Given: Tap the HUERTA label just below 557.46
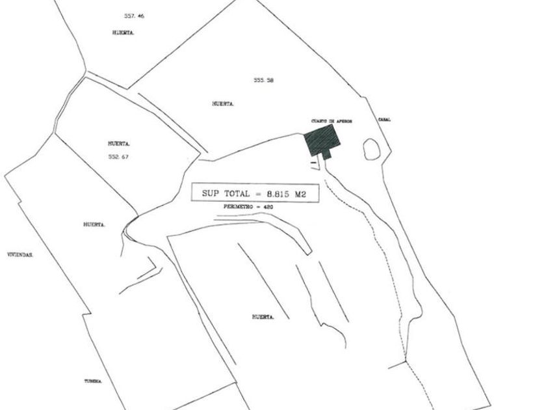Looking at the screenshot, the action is tap(123, 33).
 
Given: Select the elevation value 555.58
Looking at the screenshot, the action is tap(263, 80).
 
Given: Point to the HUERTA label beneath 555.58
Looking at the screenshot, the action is tap(223, 103).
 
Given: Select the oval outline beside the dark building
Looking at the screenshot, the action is tap(371, 150).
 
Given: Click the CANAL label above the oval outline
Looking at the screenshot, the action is tap(384, 120).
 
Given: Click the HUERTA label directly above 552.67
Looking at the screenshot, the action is tap(120, 143).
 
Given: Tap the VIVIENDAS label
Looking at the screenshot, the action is tap(19, 255).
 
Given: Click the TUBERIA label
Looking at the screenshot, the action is tap(93, 381).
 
